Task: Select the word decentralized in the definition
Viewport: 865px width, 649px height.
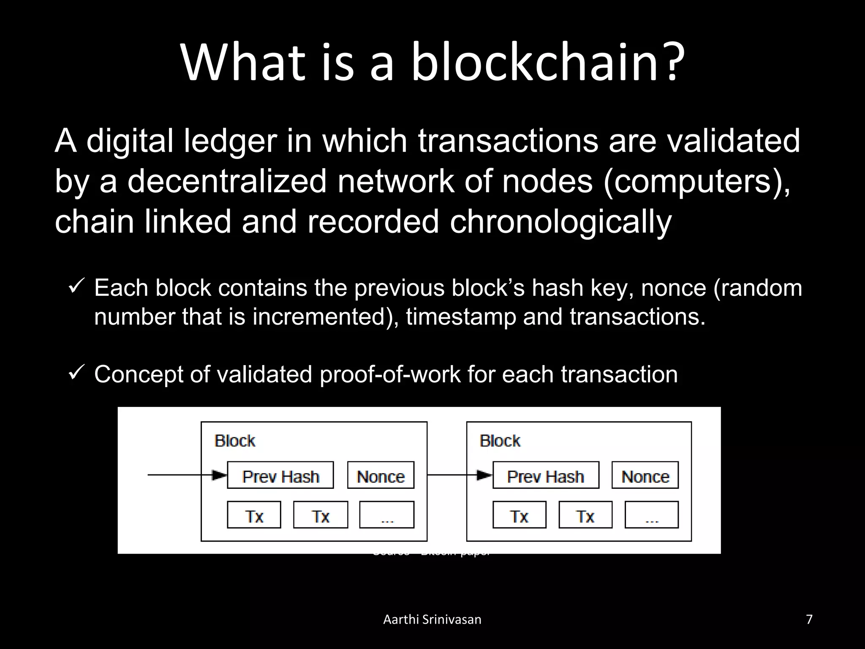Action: coord(227,181)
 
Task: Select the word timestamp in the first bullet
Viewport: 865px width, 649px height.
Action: coord(461,316)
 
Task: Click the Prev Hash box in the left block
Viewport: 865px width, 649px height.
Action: coord(280,475)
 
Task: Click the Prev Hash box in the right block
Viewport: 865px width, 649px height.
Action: coord(546,475)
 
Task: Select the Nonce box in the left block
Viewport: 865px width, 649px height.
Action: coord(381,475)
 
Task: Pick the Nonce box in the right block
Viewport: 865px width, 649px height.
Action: coord(645,475)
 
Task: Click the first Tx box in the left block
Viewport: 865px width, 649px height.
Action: coord(254,515)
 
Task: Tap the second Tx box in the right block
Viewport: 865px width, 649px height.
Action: coord(585,515)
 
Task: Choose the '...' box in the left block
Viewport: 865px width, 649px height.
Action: coord(386,515)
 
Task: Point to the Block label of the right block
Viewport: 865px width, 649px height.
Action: coord(500,441)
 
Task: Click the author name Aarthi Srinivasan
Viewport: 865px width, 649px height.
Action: coord(432,619)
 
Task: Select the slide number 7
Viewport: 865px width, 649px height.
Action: coord(809,619)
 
